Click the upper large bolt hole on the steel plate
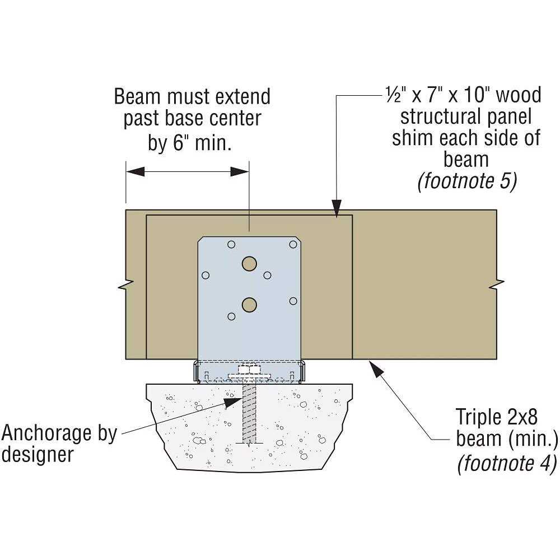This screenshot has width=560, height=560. [x=249, y=263]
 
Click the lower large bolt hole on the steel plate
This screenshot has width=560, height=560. [x=249, y=304]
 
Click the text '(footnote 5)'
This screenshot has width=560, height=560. [x=467, y=182]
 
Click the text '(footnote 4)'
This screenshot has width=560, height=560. [x=507, y=463]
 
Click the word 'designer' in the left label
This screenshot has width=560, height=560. [x=37, y=454]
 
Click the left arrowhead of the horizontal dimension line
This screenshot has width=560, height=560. [x=134, y=171]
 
